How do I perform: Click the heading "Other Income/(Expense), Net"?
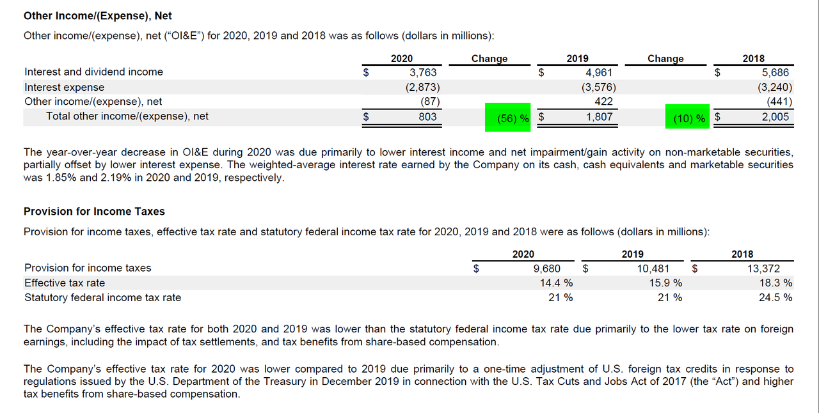98,15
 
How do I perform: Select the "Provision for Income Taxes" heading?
94,211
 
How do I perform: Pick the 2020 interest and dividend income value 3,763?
423,72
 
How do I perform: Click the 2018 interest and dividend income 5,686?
775,72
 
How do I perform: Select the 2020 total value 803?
427,116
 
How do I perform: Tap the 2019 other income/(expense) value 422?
603,101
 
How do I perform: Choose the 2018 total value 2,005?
775,116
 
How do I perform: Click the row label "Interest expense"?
64,87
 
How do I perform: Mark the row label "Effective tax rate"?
64,283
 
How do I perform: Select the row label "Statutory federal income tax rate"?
102,297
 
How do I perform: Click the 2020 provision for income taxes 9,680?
546,269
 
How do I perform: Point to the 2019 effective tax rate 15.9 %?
665,283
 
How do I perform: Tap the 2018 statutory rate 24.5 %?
775,297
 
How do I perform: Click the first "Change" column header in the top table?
489,58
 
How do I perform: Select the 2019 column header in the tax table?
632,254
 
